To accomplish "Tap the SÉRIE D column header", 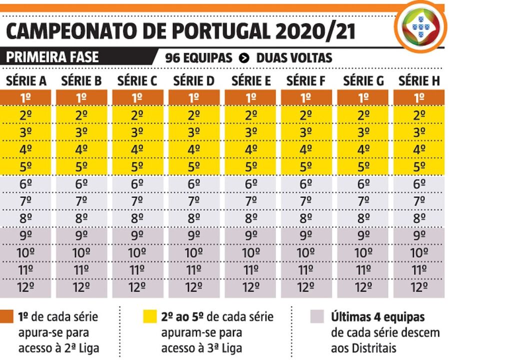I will (x=194, y=81).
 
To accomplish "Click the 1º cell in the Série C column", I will (x=137, y=98).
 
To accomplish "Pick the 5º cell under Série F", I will (x=306, y=166).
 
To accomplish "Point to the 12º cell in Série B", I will (x=82, y=287).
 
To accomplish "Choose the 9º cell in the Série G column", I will (x=363, y=235).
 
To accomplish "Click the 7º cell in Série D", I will (x=194, y=201).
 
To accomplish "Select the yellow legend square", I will (x=149, y=316).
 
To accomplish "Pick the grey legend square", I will (x=316, y=316).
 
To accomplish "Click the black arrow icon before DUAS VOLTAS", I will (x=244, y=58).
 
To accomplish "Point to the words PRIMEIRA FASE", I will (x=52, y=57).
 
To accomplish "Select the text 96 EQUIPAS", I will (x=198, y=58).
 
